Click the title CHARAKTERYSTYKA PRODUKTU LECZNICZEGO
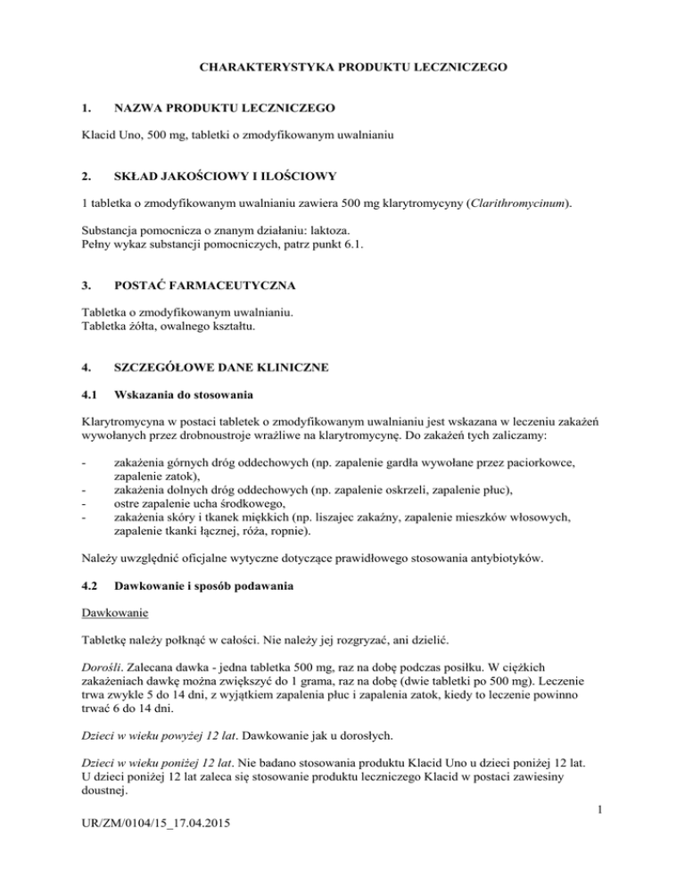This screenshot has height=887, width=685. tap(342, 65)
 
